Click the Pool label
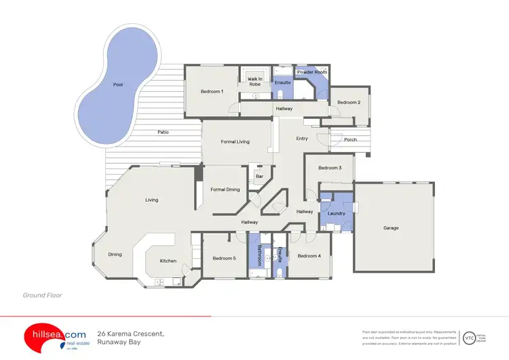(x=118, y=85)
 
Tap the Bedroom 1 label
(x=212, y=91)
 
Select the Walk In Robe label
(x=255, y=82)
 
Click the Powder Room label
(x=312, y=71)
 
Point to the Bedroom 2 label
(x=349, y=102)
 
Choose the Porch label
(x=350, y=140)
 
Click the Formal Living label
(x=235, y=141)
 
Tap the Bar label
(x=259, y=177)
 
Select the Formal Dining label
(x=225, y=190)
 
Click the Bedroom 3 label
(x=330, y=167)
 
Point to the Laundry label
(x=337, y=213)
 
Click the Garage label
(x=391, y=228)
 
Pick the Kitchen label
(x=168, y=261)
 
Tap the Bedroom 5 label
(x=223, y=258)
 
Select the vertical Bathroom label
(x=259, y=255)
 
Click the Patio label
(x=163, y=132)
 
